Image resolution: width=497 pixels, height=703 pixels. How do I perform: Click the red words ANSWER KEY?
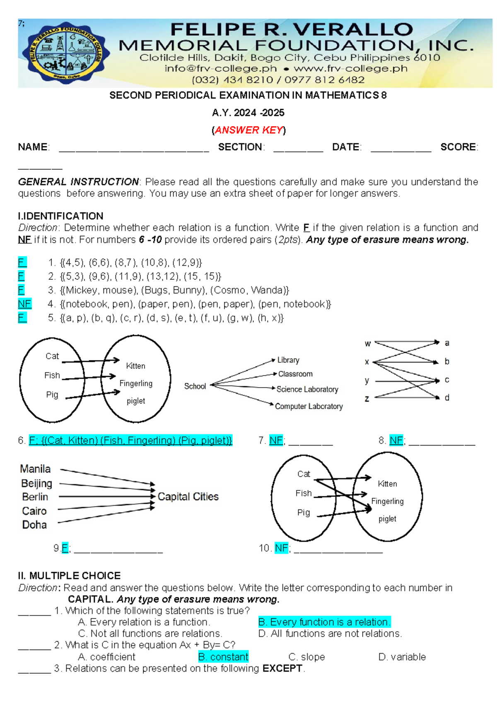pos(248,130)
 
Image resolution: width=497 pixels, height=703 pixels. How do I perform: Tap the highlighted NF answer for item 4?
pos(24,304)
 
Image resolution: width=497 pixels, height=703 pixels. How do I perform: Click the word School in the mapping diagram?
pos(195,386)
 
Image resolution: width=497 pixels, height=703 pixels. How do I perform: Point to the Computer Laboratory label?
pos(309,407)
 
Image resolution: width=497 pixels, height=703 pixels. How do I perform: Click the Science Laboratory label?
pos(307,389)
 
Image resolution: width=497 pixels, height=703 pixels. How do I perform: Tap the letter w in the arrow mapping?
pos(367,344)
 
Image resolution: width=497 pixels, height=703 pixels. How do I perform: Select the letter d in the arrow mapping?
pos(447,398)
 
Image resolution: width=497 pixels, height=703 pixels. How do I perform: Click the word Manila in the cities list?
pos(35,469)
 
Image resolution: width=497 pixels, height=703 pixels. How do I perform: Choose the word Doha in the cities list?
pos(34,525)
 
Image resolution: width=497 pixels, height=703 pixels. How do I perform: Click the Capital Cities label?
pos(188,497)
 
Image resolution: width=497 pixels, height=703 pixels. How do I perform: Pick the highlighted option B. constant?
pos(223,657)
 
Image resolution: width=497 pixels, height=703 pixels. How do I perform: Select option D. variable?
pos(402,657)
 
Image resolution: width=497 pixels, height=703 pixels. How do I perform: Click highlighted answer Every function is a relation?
pos(324,622)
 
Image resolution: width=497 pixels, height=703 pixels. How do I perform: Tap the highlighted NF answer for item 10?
pos(281,548)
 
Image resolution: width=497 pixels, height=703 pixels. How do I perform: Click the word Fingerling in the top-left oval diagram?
pos(136,383)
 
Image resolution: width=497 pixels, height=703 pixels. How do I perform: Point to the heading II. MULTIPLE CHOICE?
pos(69,576)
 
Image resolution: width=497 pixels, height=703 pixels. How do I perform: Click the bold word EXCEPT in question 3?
pos(282,669)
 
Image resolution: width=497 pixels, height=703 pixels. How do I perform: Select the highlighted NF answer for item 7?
pos(276,440)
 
